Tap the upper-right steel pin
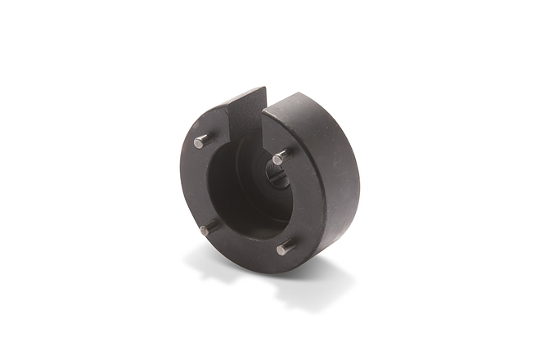click(x=281, y=157)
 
